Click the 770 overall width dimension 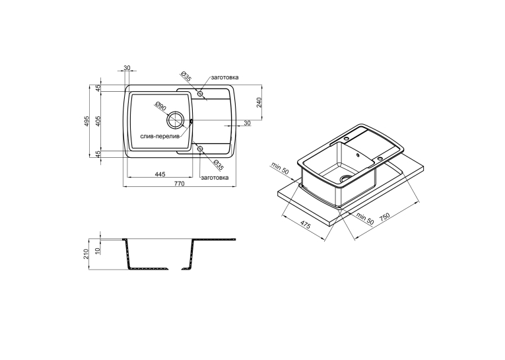179,184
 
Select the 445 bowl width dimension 160,174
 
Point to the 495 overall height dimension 86,121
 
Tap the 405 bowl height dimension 98,121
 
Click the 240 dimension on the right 260,102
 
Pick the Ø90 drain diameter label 160,106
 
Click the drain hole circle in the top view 175,120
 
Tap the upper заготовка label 225,77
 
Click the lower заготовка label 215,178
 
